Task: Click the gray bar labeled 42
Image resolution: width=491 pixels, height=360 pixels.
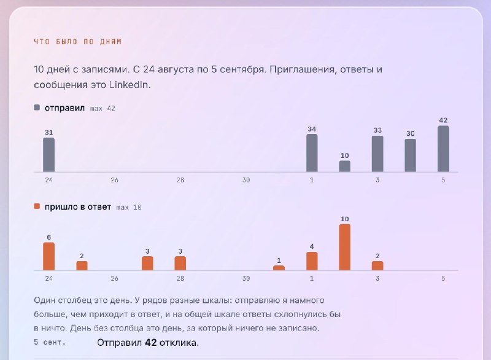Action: pos(443,149)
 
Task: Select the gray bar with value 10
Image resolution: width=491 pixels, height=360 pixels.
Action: pos(344,166)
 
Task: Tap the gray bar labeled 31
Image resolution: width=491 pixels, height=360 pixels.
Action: pos(49,155)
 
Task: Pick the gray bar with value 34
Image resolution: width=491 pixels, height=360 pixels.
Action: pos(312,153)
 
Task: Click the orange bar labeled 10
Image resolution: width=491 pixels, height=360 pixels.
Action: pos(344,247)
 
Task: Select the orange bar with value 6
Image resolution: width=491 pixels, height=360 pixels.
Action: pos(49,256)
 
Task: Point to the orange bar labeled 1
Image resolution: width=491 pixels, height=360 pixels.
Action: pos(279,268)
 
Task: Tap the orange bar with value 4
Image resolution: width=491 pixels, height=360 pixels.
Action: pos(312,261)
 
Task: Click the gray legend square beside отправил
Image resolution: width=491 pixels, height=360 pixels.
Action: pos(37,108)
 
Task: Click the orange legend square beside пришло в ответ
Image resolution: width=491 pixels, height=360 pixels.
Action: pos(37,206)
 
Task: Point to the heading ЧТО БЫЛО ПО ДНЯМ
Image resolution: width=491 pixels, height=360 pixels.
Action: pos(78,42)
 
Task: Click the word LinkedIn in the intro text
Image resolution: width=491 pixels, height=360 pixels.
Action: pos(128,85)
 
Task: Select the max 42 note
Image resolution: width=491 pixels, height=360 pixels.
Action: pos(102,108)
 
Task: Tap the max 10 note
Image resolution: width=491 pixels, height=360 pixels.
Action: pos(129,208)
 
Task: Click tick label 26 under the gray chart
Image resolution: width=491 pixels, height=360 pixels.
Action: pos(114,180)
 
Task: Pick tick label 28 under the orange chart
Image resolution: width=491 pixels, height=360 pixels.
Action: pos(180,278)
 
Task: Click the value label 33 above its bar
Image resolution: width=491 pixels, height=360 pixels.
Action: pos(377,130)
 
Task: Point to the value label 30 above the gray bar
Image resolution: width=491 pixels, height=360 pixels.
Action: pos(410,133)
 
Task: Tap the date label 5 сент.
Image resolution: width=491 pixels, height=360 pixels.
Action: pos(50,342)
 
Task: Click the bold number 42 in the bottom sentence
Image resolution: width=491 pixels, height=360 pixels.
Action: pos(150,342)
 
